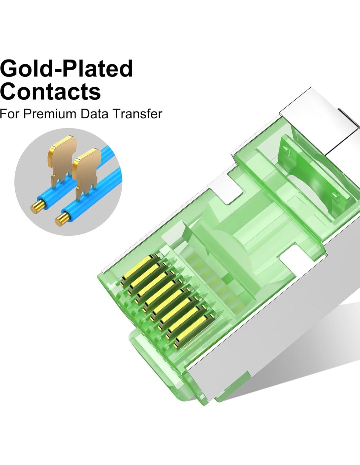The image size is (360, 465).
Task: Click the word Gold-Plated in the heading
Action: (66, 69)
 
